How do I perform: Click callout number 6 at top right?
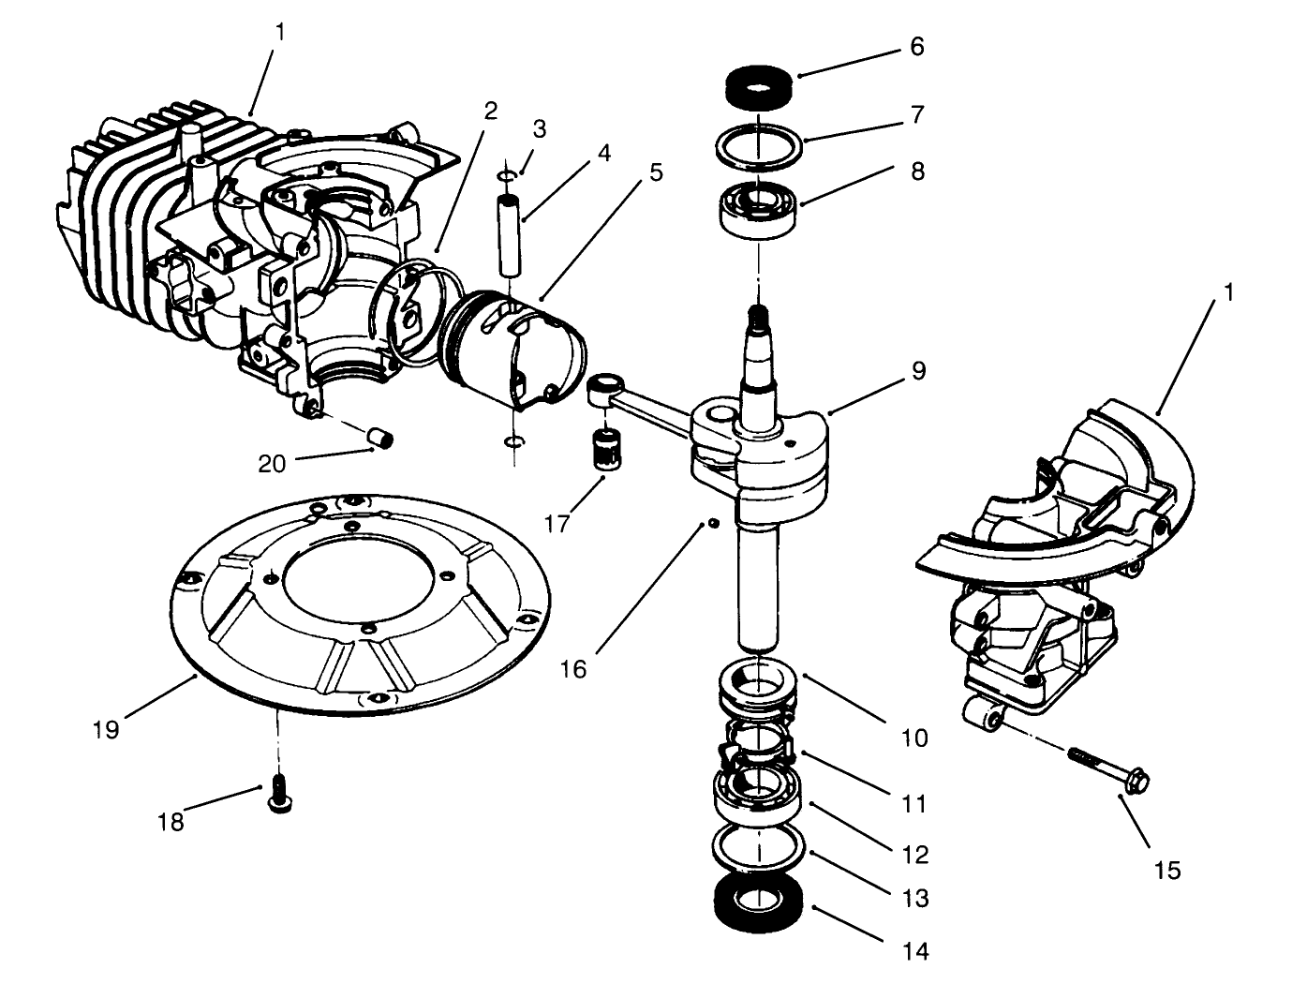click(916, 47)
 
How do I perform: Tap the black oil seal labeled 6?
click(761, 85)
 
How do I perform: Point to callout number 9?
click(917, 371)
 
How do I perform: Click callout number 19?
click(106, 729)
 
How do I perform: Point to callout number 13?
click(915, 899)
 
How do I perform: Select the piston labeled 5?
click(513, 351)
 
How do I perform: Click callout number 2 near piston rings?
click(490, 110)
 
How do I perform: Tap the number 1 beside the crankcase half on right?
click(1227, 292)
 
